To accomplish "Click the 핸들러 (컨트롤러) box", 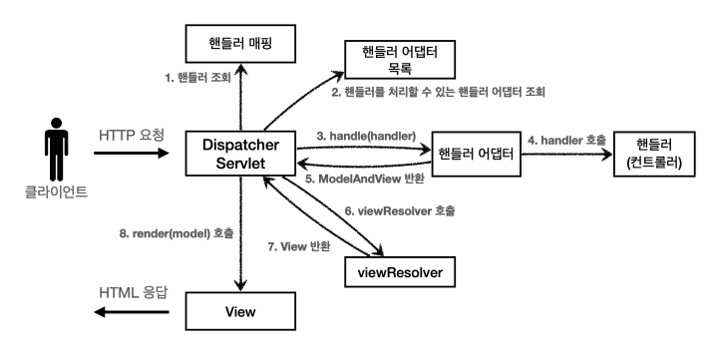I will coord(655,154).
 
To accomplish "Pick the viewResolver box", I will coord(399,269).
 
